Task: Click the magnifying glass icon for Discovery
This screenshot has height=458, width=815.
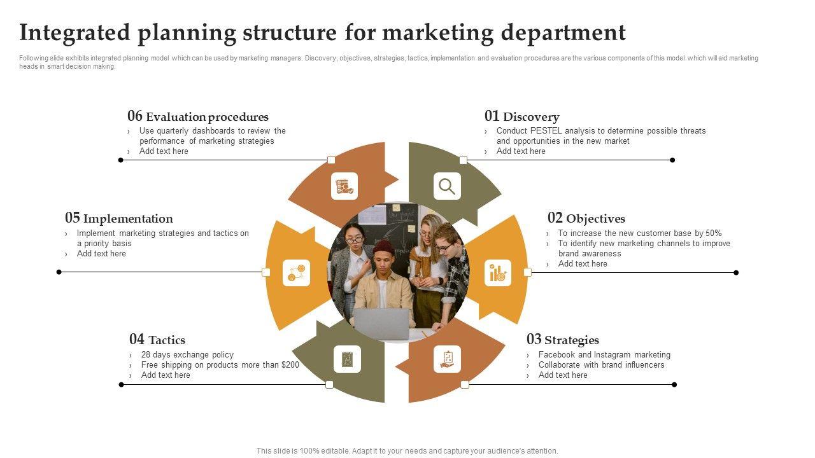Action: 447,186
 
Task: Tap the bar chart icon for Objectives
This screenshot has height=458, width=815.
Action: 497,273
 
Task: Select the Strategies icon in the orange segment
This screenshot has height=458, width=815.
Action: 447,359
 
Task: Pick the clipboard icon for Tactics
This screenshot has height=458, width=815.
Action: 347,359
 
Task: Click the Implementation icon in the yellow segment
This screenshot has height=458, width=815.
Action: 296,273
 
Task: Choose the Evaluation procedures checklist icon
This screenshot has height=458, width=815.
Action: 344,186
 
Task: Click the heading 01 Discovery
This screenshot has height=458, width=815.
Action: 521,116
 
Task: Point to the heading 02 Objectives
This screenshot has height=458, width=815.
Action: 586,218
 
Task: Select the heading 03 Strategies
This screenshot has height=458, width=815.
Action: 562,340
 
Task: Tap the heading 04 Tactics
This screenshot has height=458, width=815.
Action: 157,340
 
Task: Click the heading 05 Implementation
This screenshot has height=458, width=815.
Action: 119,218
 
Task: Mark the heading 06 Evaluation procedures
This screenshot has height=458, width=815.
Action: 198,116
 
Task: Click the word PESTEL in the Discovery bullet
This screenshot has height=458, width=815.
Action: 546,131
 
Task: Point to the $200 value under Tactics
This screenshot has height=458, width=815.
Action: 290,365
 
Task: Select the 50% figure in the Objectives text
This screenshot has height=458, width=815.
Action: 714,233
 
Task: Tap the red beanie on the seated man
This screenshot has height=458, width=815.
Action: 383,246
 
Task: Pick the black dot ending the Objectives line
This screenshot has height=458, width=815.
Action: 736,273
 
